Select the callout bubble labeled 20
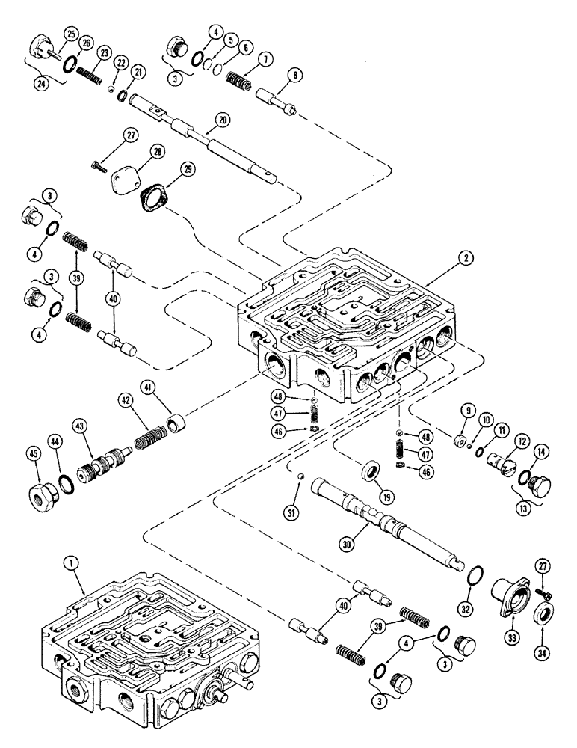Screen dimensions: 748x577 click(221, 119)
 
